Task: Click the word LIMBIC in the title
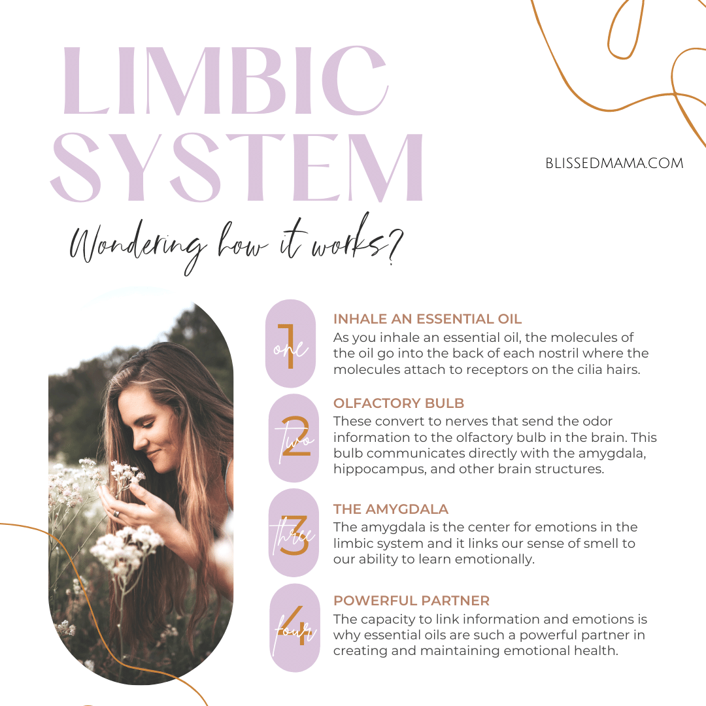click(225, 80)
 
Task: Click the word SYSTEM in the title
click(237, 167)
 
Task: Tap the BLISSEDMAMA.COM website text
click(614, 163)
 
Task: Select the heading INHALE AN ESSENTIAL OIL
click(428, 319)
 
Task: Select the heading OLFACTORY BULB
click(399, 403)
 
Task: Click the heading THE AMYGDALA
click(391, 509)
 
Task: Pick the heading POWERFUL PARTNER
click(411, 601)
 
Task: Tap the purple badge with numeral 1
click(290, 344)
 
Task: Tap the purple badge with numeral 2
click(294, 438)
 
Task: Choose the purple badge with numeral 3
click(294, 533)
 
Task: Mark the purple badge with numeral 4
click(294, 628)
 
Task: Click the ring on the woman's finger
click(116, 513)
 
